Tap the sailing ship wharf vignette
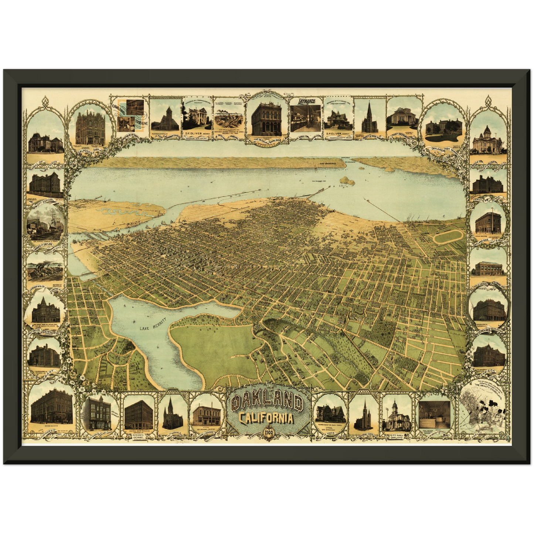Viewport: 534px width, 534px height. pos(46,223)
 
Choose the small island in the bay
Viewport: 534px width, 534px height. pos(347,180)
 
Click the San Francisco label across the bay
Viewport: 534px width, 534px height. pos(327,163)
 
